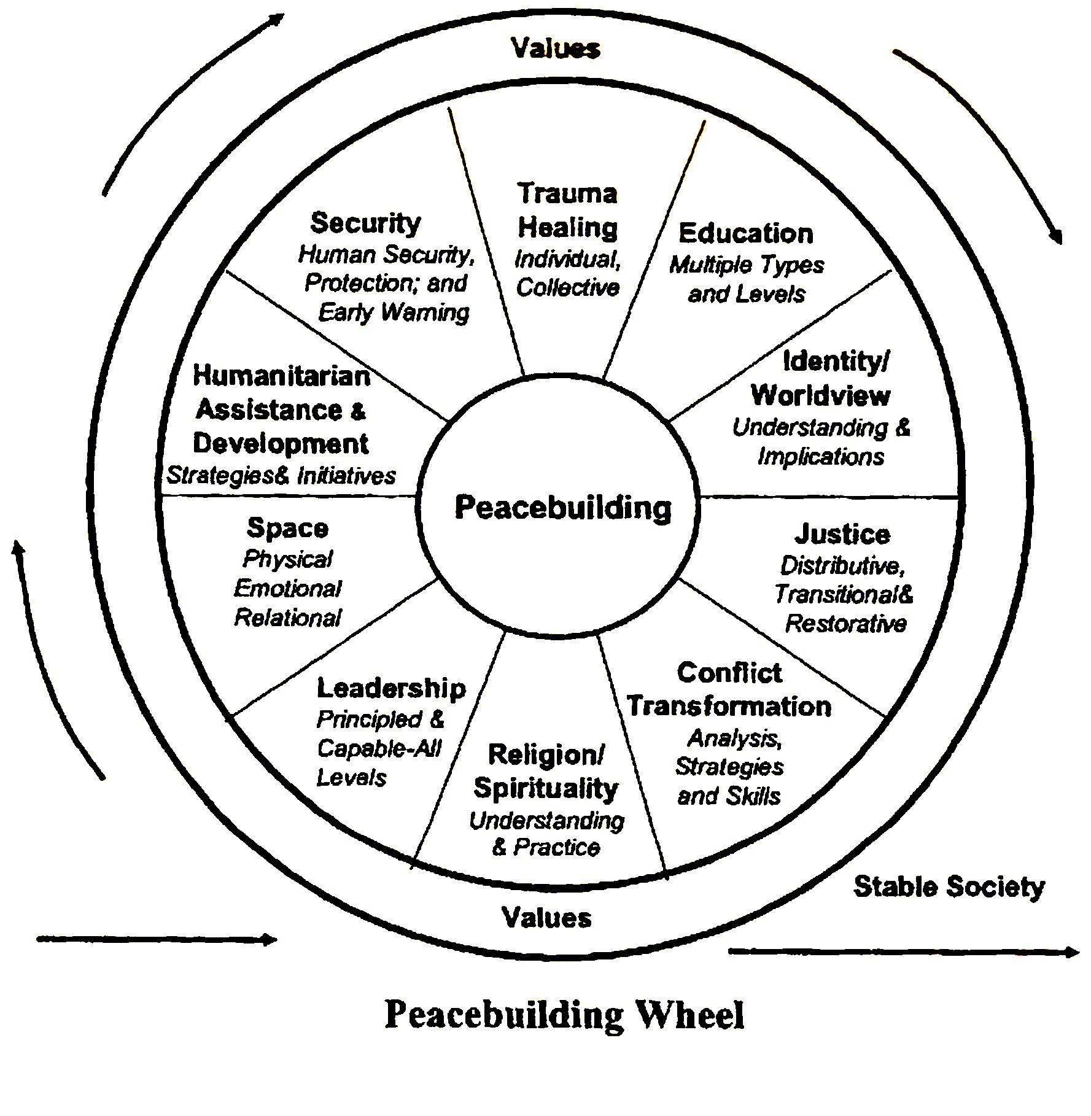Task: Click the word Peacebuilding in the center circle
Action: (x=563, y=508)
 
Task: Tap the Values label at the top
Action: (x=556, y=48)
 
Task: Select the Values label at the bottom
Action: (x=547, y=918)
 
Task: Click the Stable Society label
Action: (x=949, y=887)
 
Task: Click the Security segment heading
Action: (x=365, y=223)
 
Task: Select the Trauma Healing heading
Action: (x=567, y=211)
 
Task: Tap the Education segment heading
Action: (x=746, y=233)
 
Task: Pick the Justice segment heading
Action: (x=842, y=534)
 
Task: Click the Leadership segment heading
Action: (x=391, y=689)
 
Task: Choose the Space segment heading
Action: (x=287, y=528)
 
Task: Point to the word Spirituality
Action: (x=546, y=788)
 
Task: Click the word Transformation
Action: (x=729, y=706)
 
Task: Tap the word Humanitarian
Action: (x=282, y=376)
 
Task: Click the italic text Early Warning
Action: (x=394, y=313)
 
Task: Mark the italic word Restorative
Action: (x=846, y=624)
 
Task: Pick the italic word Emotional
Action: (x=287, y=589)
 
